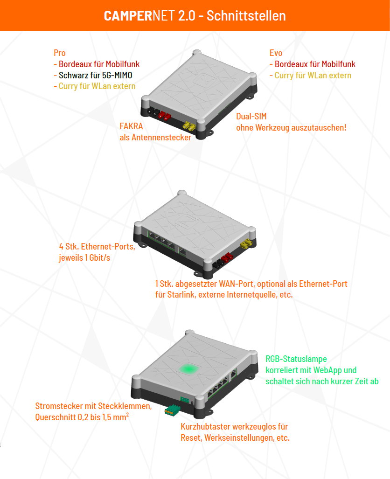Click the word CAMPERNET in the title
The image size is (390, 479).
coord(139,15)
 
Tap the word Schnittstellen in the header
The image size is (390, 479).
coord(246,15)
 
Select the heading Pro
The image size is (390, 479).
coord(60,53)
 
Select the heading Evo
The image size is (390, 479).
coord(276,53)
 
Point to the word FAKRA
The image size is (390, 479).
coord(131,126)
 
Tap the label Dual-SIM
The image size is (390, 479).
coord(251,117)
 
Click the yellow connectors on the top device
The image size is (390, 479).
coord(189,126)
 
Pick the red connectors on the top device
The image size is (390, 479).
coord(164,116)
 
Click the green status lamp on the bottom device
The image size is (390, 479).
coord(188,369)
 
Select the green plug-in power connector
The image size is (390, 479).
coord(173,410)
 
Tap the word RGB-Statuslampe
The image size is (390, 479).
coord(296,359)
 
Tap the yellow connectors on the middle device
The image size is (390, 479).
coord(246,243)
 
